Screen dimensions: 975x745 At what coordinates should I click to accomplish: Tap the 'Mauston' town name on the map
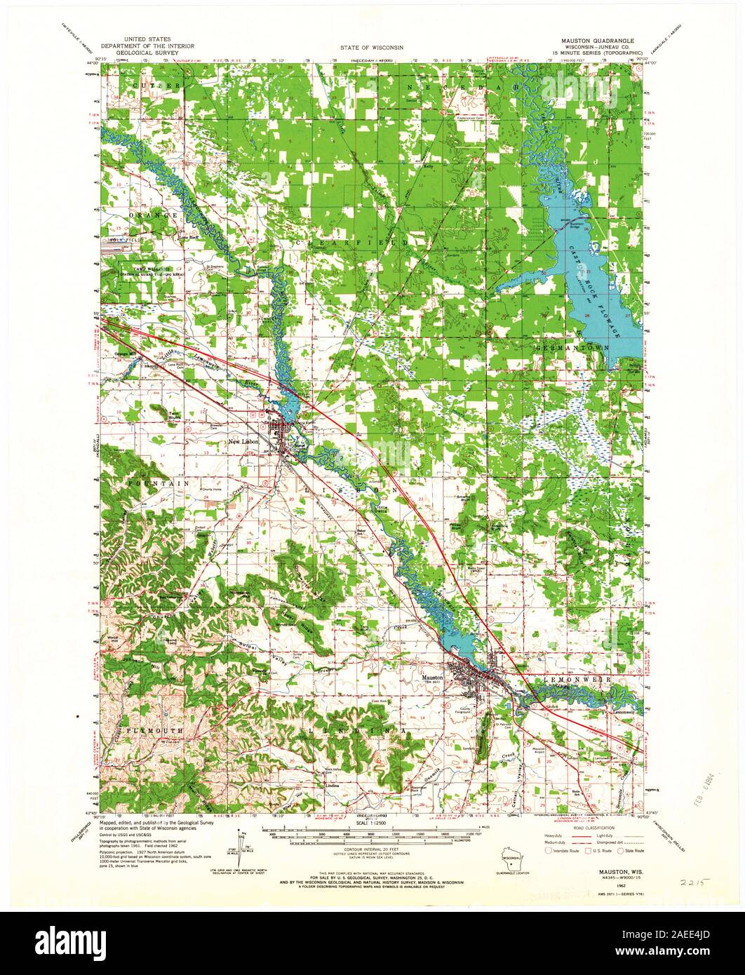click(434, 678)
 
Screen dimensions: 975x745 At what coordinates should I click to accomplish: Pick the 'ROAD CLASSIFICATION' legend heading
click(584, 828)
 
